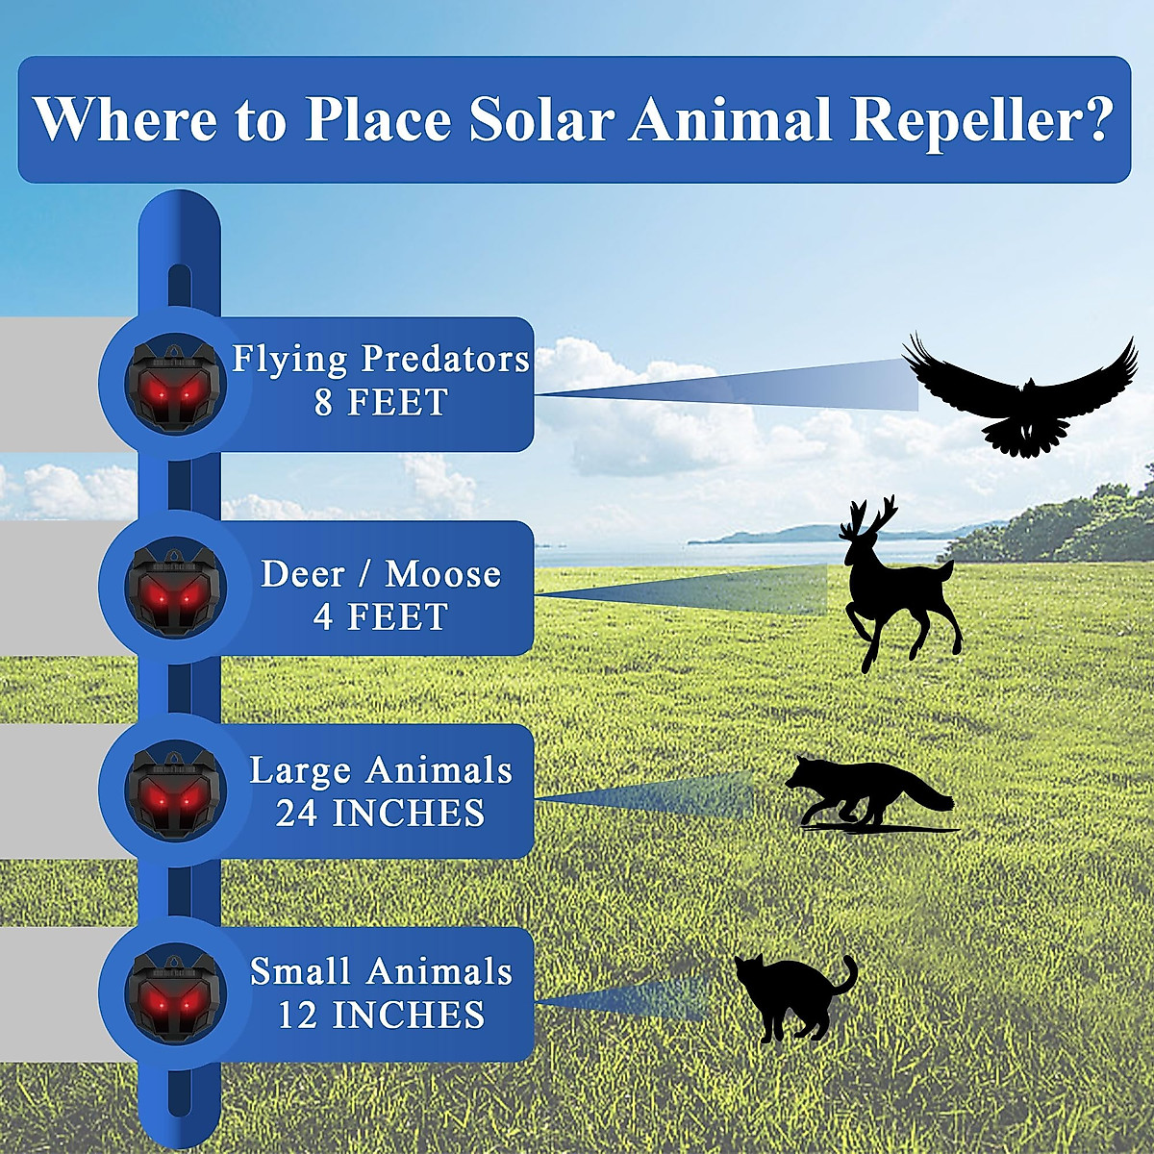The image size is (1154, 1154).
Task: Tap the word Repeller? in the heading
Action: [981, 121]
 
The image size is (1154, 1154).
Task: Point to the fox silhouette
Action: [865, 793]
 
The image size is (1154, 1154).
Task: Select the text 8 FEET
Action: [381, 402]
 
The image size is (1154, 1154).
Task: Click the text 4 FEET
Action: [381, 616]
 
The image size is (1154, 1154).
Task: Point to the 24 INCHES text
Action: [381, 814]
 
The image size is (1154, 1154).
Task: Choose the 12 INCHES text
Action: [381, 1015]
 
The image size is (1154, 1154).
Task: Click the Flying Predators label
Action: [381, 359]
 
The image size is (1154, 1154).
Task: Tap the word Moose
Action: [443, 574]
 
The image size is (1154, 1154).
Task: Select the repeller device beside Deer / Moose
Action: [175, 588]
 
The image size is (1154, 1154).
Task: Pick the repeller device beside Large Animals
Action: [175, 791]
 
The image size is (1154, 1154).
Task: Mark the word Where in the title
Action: [125, 119]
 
